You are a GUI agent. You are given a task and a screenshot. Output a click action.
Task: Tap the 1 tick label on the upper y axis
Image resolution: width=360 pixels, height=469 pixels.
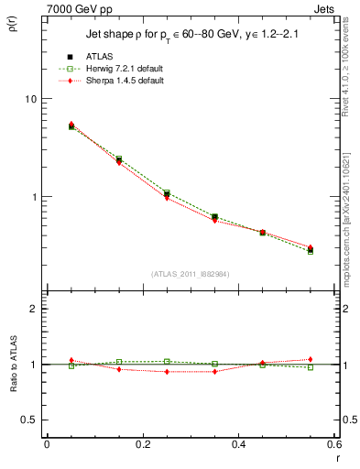pyautogui.click(x=34, y=197)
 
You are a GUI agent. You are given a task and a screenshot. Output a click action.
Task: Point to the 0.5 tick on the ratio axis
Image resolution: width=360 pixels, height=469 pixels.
pyautogui.click(x=29, y=420)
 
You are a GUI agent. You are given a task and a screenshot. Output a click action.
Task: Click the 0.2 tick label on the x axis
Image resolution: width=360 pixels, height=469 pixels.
pyautogui.click(x=143, y=444)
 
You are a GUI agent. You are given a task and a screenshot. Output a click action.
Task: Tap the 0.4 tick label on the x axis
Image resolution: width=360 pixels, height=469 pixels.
pyautogui.click(x=239, y=444)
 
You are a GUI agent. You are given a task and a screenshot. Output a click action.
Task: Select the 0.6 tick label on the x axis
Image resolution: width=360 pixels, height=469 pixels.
pyautogui.click(x=334, y=444)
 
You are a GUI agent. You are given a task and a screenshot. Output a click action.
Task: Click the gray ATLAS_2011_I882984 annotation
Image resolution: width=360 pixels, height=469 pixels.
pyautogui.click(x=191, y=274)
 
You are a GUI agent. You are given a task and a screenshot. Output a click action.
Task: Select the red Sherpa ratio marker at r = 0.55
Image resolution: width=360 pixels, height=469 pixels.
pyautogui.click(x=311, y=360)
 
